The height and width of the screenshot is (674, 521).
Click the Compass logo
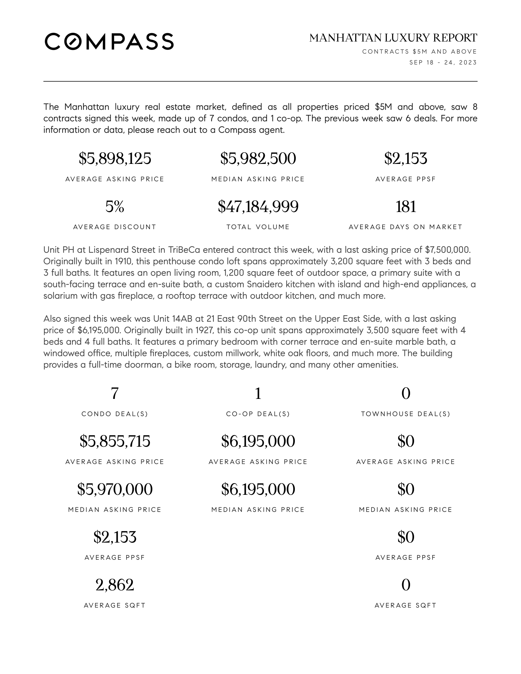[109, 41]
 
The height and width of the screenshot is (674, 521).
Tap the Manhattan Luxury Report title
[393, 38]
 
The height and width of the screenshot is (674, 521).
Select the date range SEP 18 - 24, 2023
[443, 62]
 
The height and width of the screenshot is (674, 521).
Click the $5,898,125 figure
[115, 158]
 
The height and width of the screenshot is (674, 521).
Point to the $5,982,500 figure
[258, 158]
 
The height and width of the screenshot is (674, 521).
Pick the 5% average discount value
[115, 206]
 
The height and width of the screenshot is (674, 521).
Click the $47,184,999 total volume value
[258, 206]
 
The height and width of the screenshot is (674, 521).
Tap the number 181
[405, 206]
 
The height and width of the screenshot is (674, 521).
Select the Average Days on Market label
[405, 227]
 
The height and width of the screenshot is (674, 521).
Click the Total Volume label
[258, 227]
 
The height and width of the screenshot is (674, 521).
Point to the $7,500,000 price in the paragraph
[447, 250]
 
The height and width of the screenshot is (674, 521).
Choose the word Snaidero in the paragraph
[264, 284]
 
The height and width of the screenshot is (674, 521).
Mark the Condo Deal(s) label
[115, 414]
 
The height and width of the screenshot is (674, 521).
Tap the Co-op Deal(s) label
[258, 414]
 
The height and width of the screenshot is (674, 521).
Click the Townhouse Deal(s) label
[405, 414]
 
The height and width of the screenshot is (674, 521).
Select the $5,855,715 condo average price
[115, 441]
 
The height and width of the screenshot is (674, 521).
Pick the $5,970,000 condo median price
[115, 489]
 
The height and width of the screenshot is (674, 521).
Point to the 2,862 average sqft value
[115, 585]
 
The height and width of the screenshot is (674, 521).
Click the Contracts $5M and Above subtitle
[420, 51]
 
